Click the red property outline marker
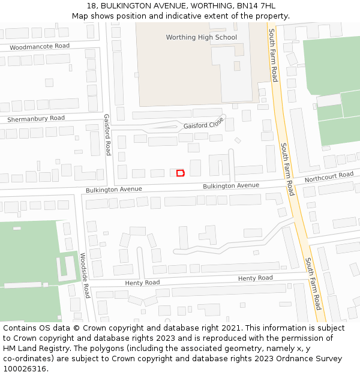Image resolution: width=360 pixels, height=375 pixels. click(181, 173)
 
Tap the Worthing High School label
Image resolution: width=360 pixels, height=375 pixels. click(201, 37)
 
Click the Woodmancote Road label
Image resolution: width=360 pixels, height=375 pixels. click(40, 46)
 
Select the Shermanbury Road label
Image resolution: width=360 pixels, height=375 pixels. click(36, 119)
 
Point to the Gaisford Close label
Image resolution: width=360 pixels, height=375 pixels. click(203, 124)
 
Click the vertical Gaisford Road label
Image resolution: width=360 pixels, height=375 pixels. click(107, 135)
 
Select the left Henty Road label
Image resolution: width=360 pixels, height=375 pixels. click(142, 282)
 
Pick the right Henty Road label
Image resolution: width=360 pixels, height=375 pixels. click(255, 278)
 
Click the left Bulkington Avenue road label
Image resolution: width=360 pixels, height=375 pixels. click(113, 190)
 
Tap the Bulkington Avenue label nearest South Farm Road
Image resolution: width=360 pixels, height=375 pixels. click(231, 186)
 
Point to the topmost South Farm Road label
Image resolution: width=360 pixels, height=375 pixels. click(273, 55)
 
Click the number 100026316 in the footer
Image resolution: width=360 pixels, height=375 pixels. click(24, 369)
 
